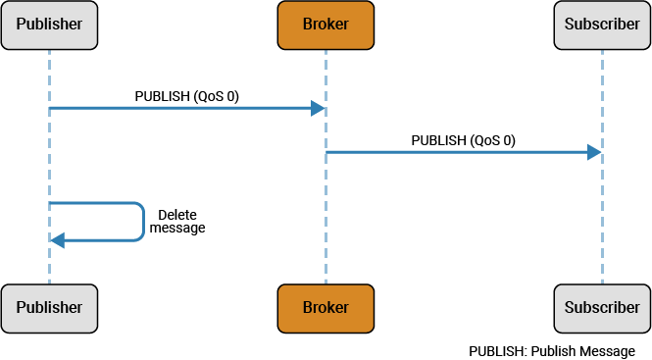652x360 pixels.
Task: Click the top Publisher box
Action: [49, 25]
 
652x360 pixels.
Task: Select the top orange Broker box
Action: [326, 25]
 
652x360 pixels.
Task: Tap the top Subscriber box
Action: [602, 25]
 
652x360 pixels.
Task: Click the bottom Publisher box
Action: [49, 307]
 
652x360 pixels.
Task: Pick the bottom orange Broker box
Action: [326, 307]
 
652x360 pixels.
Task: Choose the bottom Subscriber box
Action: [602, 307]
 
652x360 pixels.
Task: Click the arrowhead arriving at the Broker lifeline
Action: [318, 108]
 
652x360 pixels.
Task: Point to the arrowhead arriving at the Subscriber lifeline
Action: [594, 152]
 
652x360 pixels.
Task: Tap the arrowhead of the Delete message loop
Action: [57, 240]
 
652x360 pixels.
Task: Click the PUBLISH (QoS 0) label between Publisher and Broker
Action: [186, 96]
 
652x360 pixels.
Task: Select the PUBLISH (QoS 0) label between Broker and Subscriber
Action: [463, 140]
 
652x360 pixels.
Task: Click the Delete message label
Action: [177, 221]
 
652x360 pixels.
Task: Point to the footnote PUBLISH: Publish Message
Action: [551, 350]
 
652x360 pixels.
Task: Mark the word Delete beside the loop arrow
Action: [177, 214]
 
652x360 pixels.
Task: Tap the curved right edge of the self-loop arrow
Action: [143, 222]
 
